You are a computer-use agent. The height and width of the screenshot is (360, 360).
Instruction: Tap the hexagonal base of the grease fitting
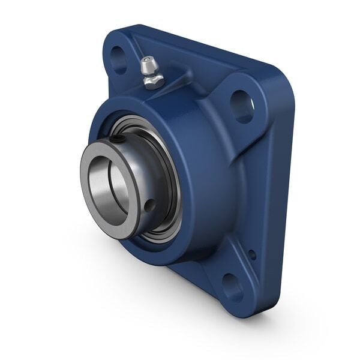pyautogui.click(x=154, y=80)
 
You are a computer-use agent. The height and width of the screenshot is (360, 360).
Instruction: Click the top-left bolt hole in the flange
pyautogui.click(x=119, y=59)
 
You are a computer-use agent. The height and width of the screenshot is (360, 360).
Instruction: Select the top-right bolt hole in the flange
pyautogui.click(x=242, y=106)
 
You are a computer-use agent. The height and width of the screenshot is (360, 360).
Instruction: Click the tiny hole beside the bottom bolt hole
pyautogui.click(x=252, y=254)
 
